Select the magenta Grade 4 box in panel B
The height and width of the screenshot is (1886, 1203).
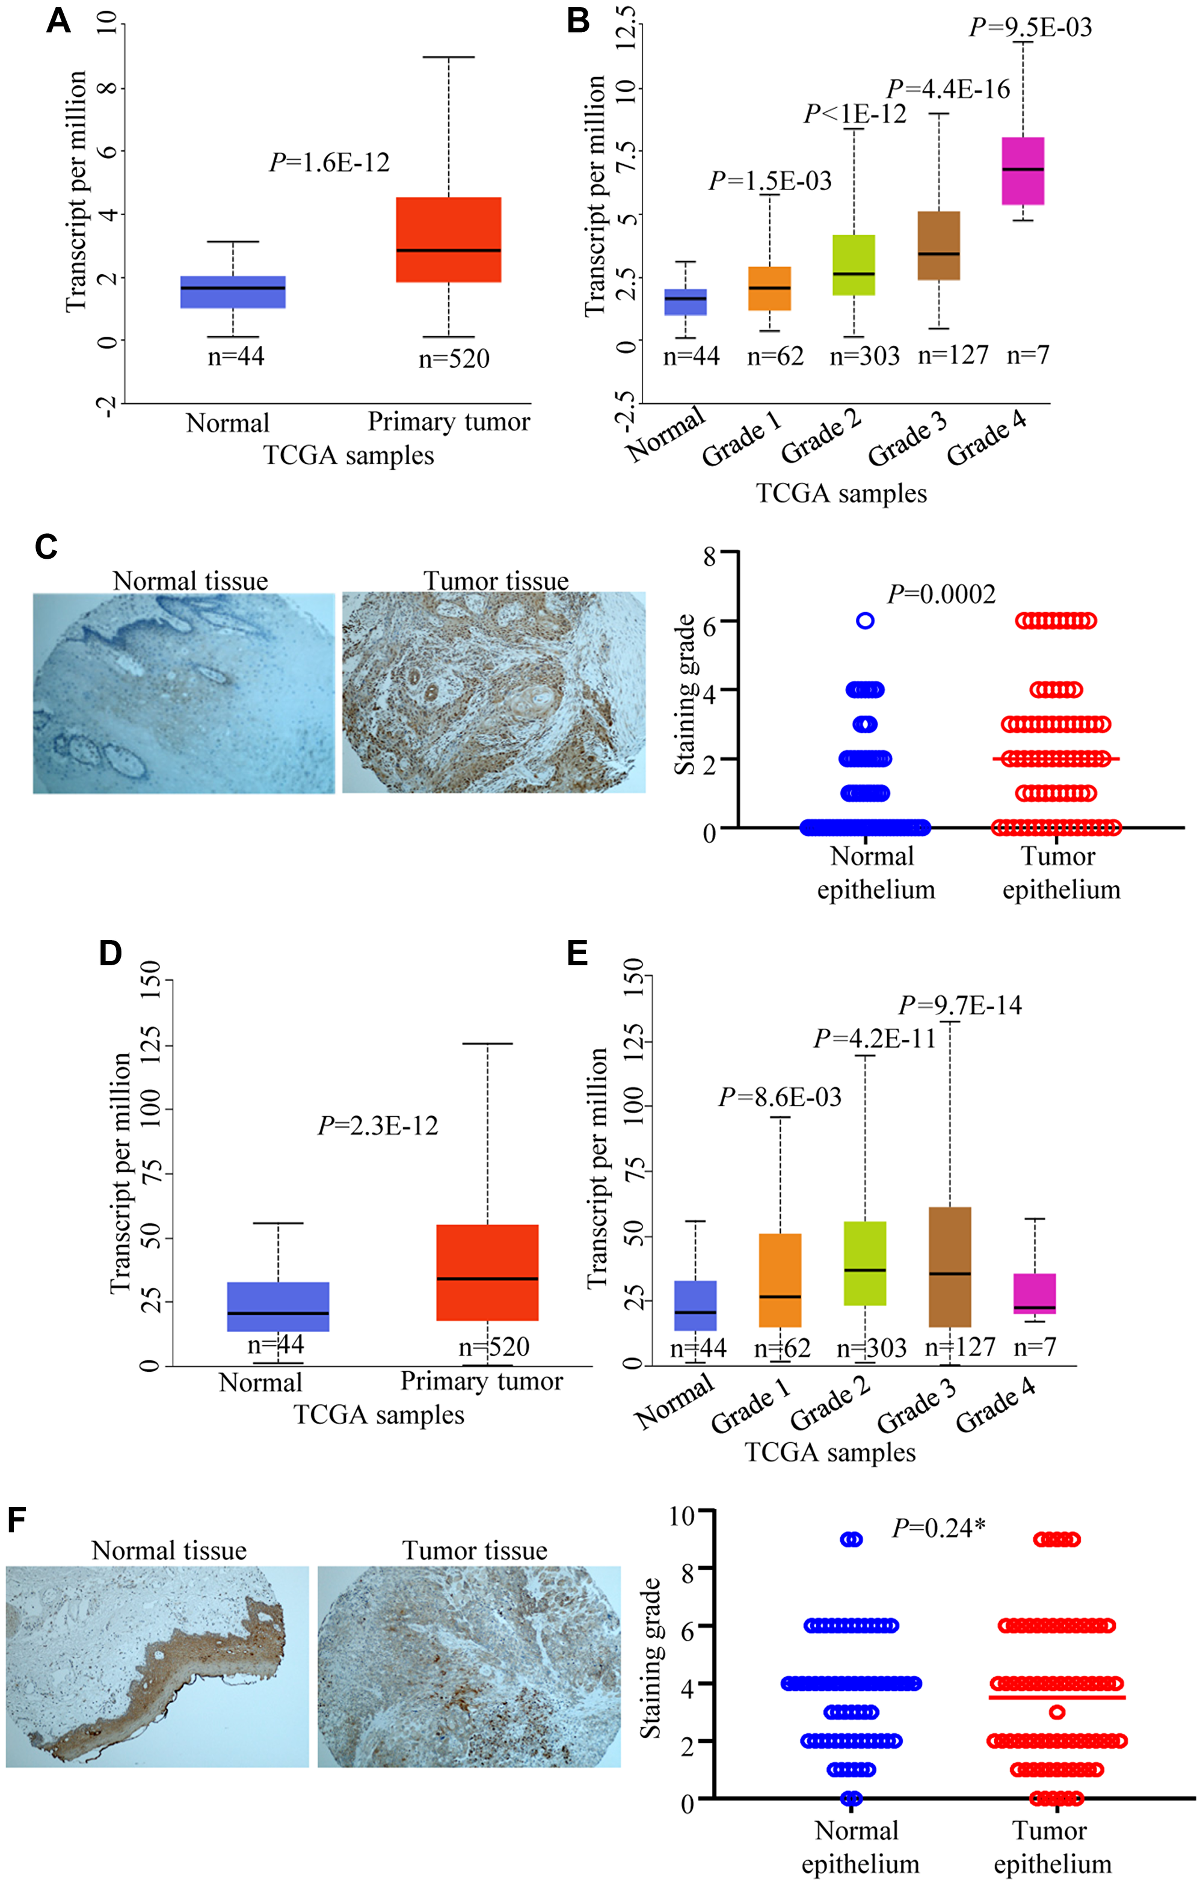coord(1023,171)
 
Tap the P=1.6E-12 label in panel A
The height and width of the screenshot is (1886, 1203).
coord(329,162)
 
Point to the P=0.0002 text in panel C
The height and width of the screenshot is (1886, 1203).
coord(941,594)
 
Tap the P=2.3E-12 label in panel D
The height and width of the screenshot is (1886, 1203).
coord(378,1125)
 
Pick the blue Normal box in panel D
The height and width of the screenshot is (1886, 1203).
coord(278,1306)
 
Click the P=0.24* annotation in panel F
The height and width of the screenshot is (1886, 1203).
coord(938,1528)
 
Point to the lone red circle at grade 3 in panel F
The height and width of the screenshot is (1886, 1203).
coord(1057,1712)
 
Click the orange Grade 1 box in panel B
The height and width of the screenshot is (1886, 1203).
coord(769,288)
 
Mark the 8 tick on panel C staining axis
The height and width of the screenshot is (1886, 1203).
coord(709,557)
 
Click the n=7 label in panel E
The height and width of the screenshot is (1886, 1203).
coord(1035,1347)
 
